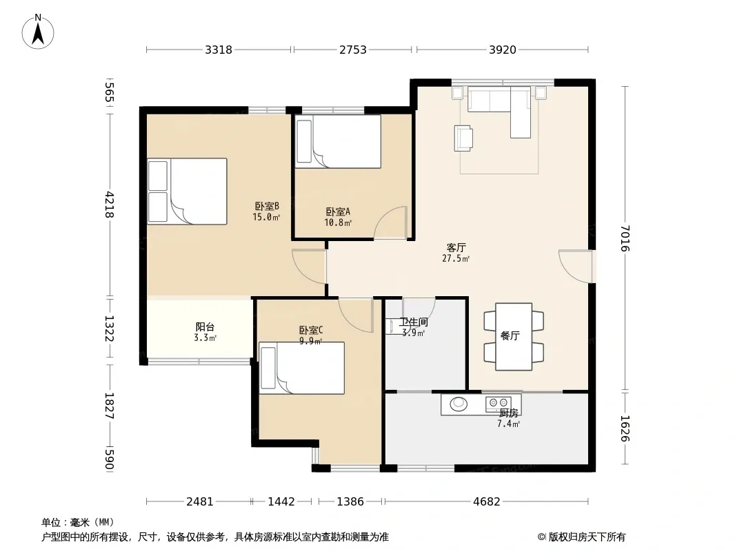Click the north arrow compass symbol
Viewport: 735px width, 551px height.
(x=38, y=32)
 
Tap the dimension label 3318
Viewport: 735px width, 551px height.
(x=219, y=50)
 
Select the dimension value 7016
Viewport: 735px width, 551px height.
(x=625, y=238)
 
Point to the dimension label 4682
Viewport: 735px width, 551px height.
(x=487, y=502)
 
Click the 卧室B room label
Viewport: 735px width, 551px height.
(x=267, y=206)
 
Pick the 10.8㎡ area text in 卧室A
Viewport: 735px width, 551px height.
(x=338, y=223)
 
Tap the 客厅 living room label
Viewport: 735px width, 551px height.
(x=456, y=247)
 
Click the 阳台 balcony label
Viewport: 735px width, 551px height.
(x=205, y=326)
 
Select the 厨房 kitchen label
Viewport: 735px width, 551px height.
(x=509, y=413)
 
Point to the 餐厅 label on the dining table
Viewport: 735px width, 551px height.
(x=510, y=335)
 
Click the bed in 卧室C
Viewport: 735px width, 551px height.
(x=302, y=368)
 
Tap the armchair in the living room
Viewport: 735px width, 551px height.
(x=463, y=138)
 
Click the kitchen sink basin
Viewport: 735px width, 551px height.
(x=459, y=404)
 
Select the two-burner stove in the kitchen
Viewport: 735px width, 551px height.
(x=499, y=403)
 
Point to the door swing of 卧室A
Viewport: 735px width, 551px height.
(x=390, y=223)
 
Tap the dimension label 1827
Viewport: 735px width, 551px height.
(x=109, y=406)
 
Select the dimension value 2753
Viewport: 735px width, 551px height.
(x=353, y=50)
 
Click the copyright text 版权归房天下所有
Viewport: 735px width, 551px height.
(x=587, y=537)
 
